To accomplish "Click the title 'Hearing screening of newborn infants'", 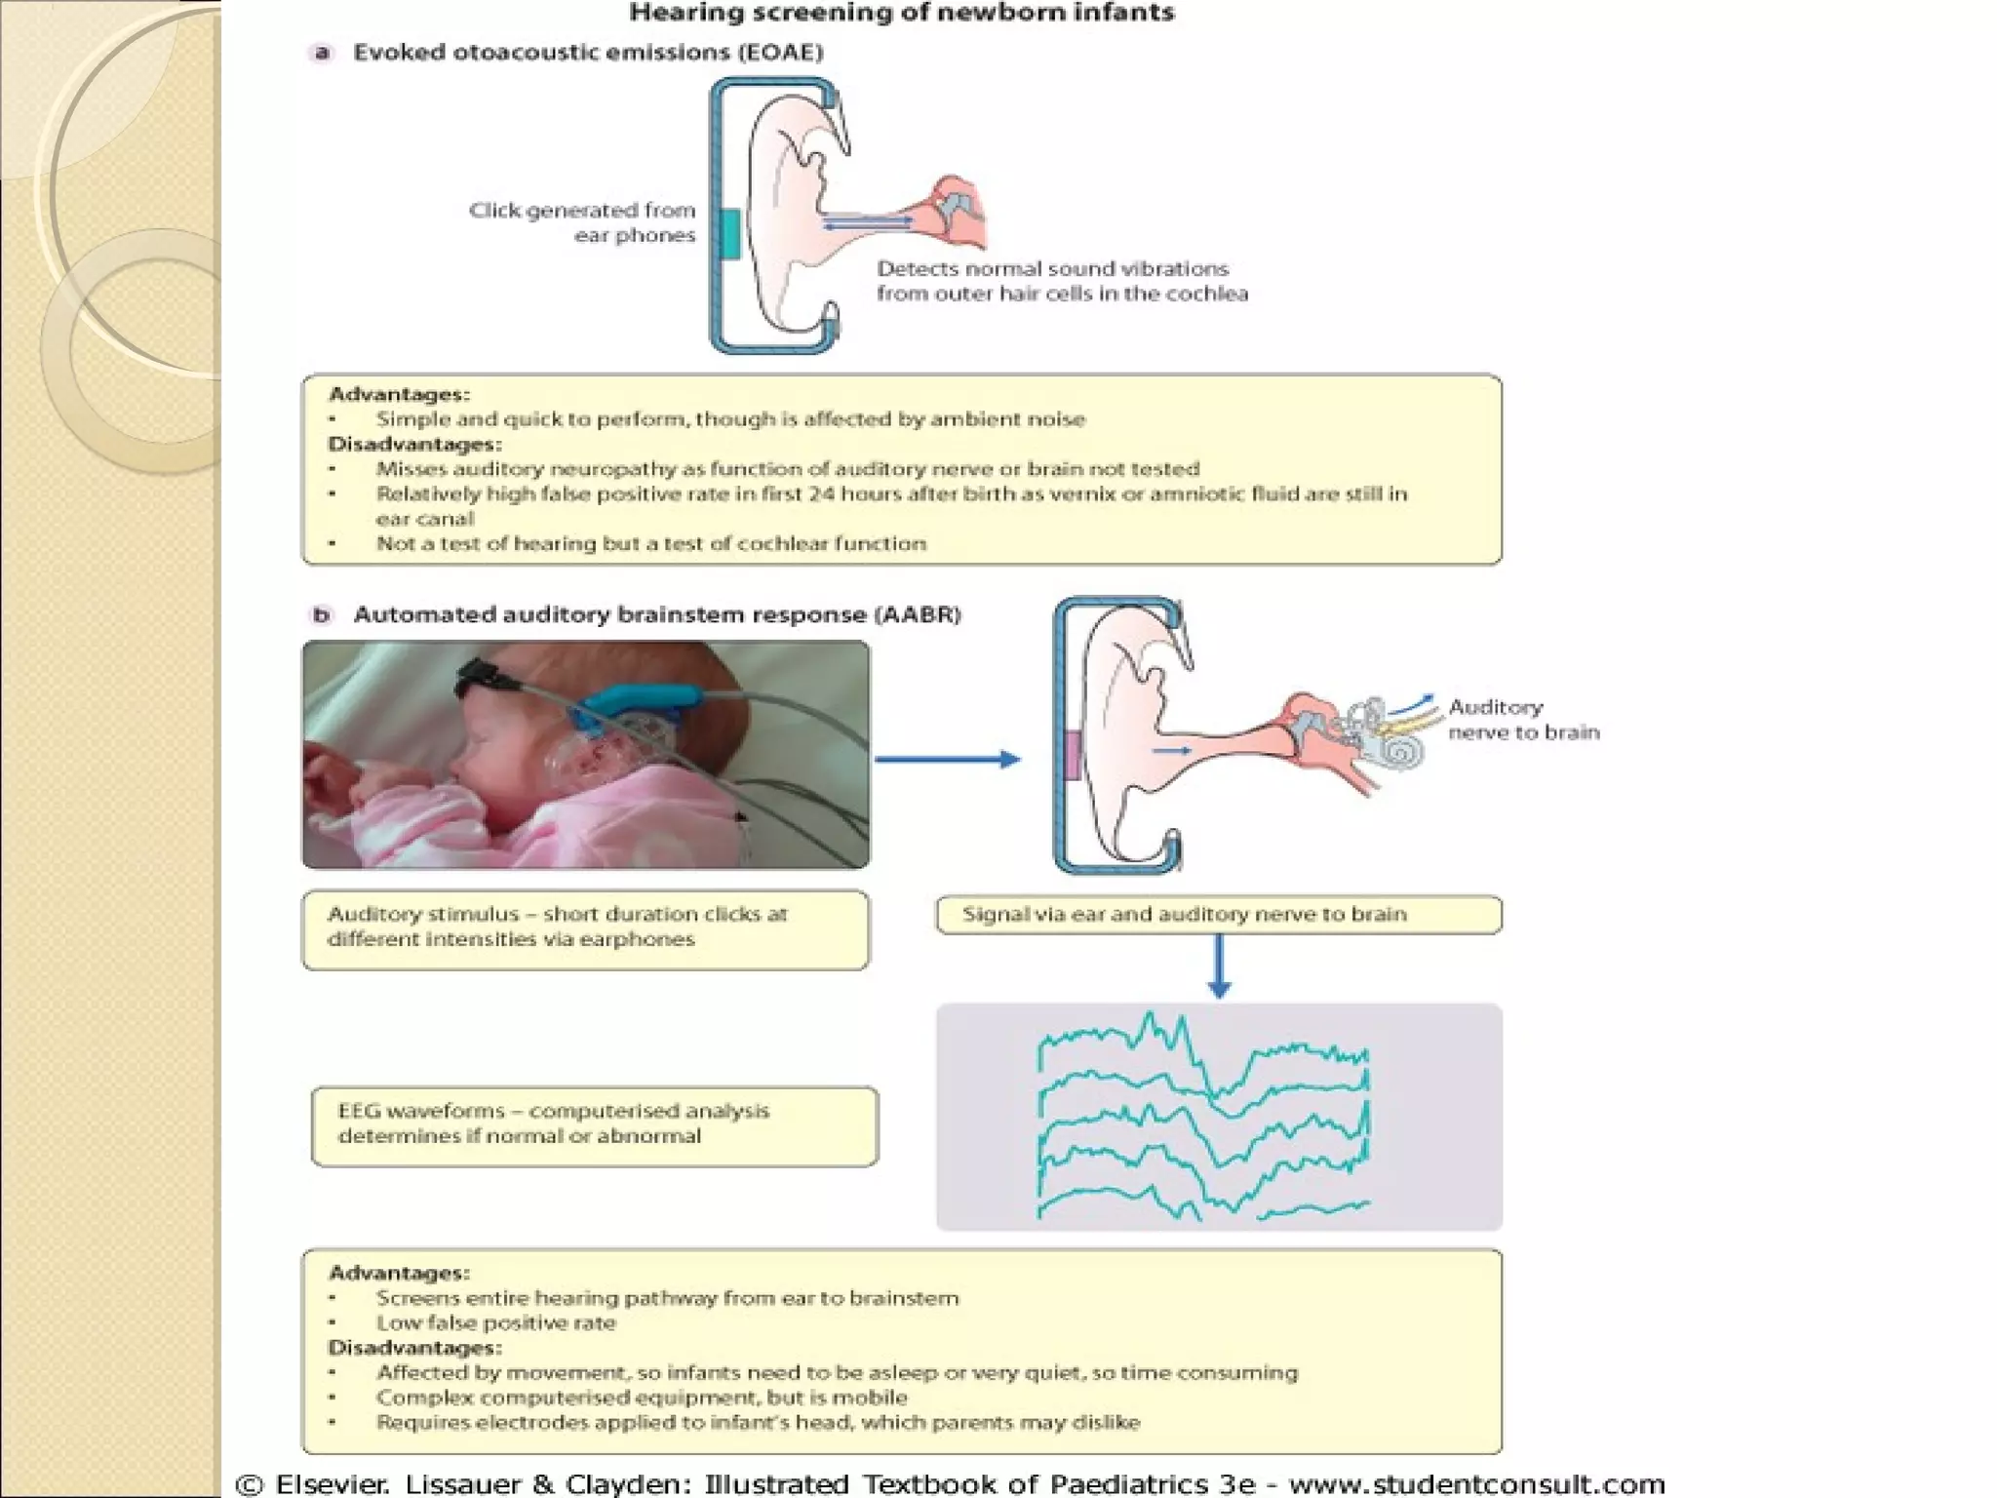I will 901,14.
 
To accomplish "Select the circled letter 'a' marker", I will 321,53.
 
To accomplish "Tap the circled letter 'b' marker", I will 321,615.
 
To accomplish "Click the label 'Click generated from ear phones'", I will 582,222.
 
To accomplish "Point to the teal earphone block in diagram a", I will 729,234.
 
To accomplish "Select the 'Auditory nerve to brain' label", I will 1523,720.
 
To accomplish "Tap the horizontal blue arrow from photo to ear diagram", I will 946,759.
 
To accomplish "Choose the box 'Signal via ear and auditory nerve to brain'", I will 1219,915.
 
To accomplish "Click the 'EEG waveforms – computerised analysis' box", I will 595,1125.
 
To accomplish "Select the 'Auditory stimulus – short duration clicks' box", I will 585,928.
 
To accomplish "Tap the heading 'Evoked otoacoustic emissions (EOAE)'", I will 588,53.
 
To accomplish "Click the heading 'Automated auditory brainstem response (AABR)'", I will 656,615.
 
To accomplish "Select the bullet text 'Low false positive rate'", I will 495,1323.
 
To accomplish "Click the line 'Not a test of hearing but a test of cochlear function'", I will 650,544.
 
